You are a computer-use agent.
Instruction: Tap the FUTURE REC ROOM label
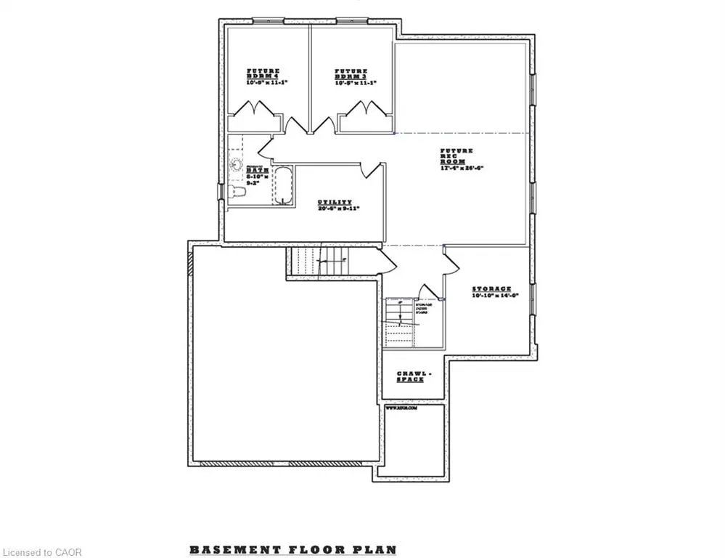[457, 155]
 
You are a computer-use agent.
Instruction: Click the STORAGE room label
[491, 288]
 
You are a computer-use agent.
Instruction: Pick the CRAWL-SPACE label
[414, 376]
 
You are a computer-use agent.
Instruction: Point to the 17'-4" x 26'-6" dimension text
[462, 168]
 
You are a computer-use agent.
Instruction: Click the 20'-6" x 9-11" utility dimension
[333, 209]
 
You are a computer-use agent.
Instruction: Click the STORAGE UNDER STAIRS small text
[424, 309]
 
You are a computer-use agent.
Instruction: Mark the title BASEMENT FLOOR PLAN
[293, 549]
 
